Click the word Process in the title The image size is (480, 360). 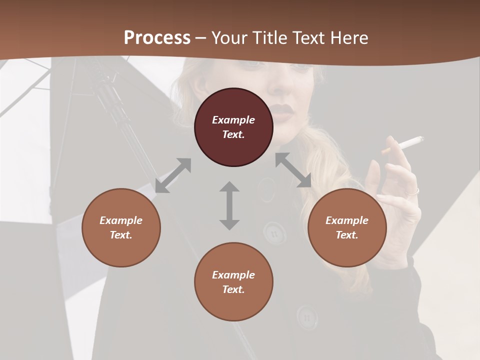[157, 37]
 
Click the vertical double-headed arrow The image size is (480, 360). [229, 205]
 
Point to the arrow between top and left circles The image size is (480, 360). [173, 175]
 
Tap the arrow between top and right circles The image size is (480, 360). [293, 170]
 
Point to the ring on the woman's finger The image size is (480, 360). [413, 191]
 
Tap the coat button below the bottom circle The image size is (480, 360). [306, 316]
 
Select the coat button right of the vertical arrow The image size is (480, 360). [274, 232]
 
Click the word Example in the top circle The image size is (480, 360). [233, 120]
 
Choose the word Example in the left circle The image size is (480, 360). [121, 220]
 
